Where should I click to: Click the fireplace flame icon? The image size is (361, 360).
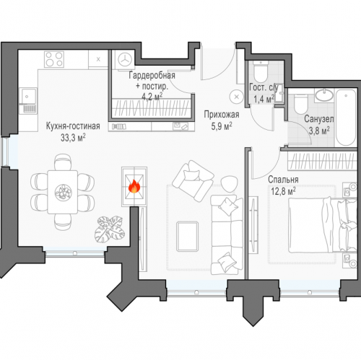coord(134,186)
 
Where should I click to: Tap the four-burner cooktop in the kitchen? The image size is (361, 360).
coord(54,59)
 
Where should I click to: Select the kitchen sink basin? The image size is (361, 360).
coord(27,96)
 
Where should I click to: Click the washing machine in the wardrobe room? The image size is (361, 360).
coord(125,60)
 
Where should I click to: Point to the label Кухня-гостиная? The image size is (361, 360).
coord(73,126)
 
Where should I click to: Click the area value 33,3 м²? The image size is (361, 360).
coord(73,138)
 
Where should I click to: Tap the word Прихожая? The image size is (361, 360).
coord(222,115)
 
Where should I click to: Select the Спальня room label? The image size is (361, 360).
coord(283,180)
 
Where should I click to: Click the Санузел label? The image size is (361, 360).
coord(318,119)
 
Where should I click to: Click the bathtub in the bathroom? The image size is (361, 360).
coord(346,118)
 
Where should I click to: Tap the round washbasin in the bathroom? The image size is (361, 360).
coord(324,95)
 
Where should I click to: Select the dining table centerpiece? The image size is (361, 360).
coord(64,192)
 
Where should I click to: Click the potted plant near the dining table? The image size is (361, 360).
coord(110,229)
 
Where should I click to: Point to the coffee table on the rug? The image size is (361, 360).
coord(187,237)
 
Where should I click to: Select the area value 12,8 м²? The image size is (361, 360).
coord(283,192)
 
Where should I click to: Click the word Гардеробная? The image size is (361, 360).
coord(152,75)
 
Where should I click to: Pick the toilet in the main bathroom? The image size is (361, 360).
coord(300,104)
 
